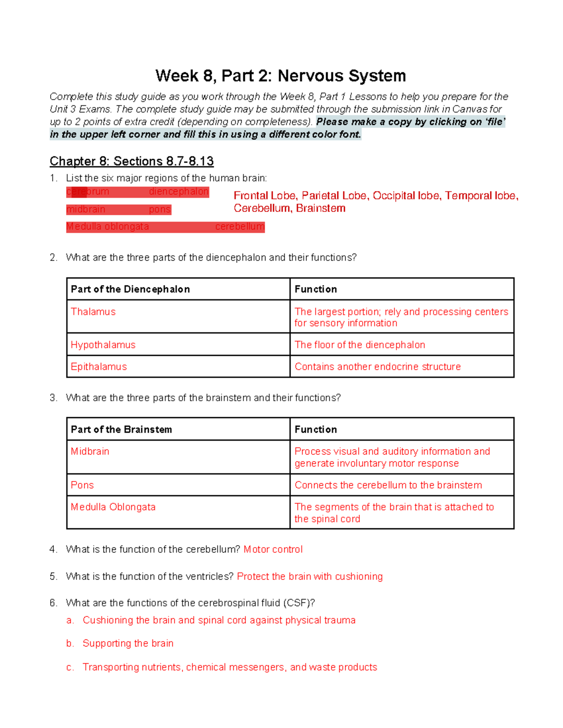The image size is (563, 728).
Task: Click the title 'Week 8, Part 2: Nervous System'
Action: click(x=281, y=76)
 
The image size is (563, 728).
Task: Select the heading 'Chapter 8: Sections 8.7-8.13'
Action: click(x=131, y=161)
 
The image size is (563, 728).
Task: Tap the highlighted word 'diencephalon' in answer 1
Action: click(x=178, y=192)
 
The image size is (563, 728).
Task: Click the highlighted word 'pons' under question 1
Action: click(x=160, y=210)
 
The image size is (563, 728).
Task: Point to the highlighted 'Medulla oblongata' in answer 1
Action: click(x=107, y=227)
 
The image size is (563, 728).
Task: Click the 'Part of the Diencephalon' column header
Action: click(x=130, y=289)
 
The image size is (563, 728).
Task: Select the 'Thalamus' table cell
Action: click(x=93, y=312)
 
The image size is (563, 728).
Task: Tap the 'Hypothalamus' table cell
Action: click(x=103, y=345)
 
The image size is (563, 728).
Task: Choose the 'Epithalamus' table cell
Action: click(x=99, y=367)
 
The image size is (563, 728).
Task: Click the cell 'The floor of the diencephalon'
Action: click(x=359, y=345)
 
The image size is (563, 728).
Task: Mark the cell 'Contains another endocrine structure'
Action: click(x=377, y=367)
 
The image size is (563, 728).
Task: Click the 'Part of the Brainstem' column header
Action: click(x=122, y=429)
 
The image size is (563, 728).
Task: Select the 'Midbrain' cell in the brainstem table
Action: click(x=90, y=451)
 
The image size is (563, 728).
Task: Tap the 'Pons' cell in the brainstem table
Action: click(x=82, y=485)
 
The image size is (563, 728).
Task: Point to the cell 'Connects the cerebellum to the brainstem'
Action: click(x=388, y=485)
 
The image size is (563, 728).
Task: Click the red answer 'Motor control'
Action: click(x=273, y=549)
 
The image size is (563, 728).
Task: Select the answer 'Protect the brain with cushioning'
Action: click(x=310, y=577)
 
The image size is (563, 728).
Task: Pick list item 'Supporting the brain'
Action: click(x=128, y=644)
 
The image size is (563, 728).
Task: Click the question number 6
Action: click(x=53, y=603)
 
